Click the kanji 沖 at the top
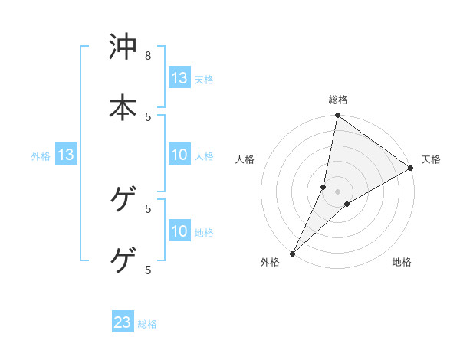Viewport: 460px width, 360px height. click(x=123, y=47)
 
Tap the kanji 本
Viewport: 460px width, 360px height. click(x=123, y=106)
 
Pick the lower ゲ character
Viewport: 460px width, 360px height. click(x=123, y=260)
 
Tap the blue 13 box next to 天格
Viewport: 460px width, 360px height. click(x=179, y=78)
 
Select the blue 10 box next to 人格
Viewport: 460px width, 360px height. click(x=179, y=155)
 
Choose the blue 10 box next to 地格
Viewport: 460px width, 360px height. click(x=179, y=231)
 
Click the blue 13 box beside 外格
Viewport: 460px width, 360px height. click(x=66, y=155)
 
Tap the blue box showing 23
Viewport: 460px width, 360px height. click(x=123, y=322)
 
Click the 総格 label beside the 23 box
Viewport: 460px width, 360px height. click(x=148, y=324)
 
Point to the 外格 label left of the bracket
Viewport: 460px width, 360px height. click(x=41, y=156)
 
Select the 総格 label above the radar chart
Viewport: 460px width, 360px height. click(x=338, y=100)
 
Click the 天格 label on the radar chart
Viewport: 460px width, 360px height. click(x=431, y=159)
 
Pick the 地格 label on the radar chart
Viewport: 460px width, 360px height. click(x=402, y=262)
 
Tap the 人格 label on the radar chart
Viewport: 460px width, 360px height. click(x=245, y=159)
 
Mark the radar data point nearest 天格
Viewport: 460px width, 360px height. click(x=411, y=169)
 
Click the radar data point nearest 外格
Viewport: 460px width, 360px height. click(x=293, y=253)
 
